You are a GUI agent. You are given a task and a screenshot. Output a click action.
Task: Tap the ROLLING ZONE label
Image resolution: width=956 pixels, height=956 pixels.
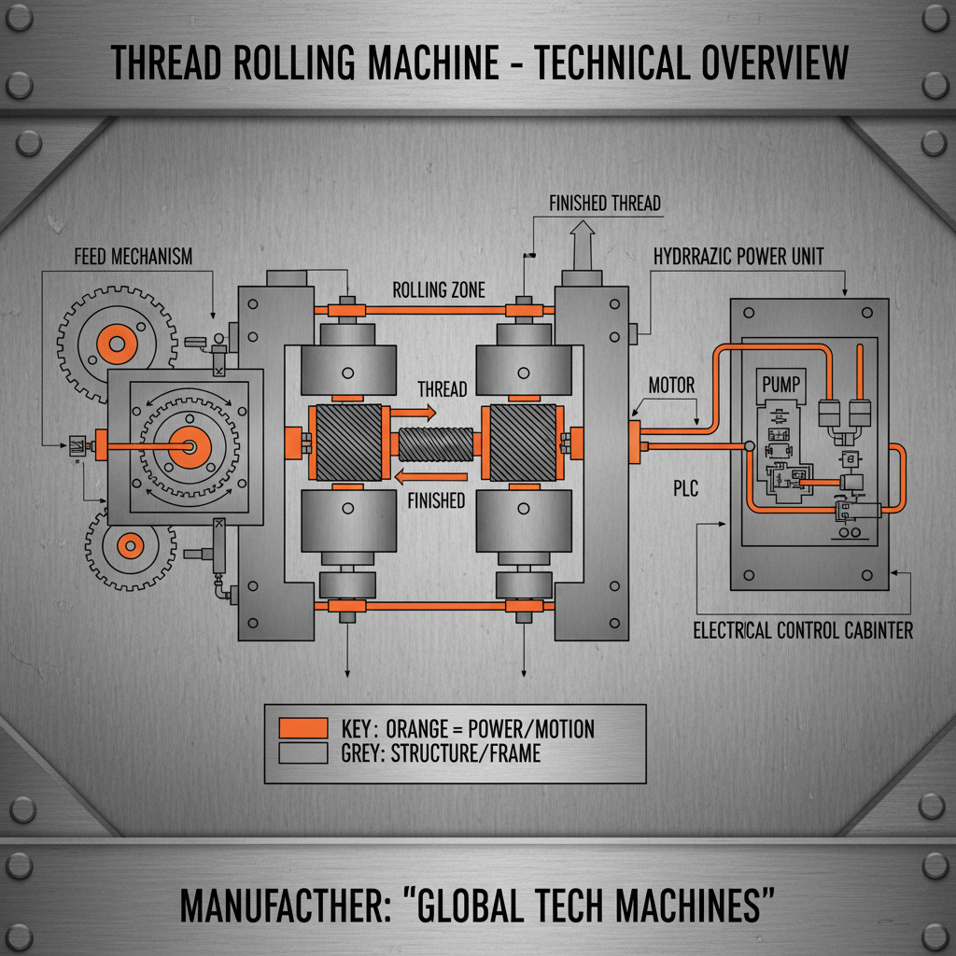pos(439,289)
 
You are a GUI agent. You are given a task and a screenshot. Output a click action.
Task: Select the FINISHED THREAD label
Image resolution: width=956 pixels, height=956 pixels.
pos(604,203)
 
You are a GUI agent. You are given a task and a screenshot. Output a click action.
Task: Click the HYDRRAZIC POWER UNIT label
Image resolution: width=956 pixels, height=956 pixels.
pos(738,256)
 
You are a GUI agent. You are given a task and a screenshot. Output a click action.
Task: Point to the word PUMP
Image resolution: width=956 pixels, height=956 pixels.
pos(781,384)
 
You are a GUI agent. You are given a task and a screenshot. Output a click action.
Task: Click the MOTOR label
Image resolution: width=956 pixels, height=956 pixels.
pos(671,385)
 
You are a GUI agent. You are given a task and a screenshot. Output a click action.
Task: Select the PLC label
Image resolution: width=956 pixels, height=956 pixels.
pos(686,486)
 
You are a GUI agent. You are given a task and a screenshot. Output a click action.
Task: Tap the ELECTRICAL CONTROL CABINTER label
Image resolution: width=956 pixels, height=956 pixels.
pos(803,630)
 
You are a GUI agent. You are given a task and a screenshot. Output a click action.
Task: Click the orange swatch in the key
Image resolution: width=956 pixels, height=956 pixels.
pos(303,728)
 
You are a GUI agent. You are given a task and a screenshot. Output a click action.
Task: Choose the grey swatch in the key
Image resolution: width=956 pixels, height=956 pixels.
pos(303,752)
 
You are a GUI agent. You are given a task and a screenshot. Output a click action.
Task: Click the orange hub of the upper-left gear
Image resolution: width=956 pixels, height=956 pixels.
pos(117,344)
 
